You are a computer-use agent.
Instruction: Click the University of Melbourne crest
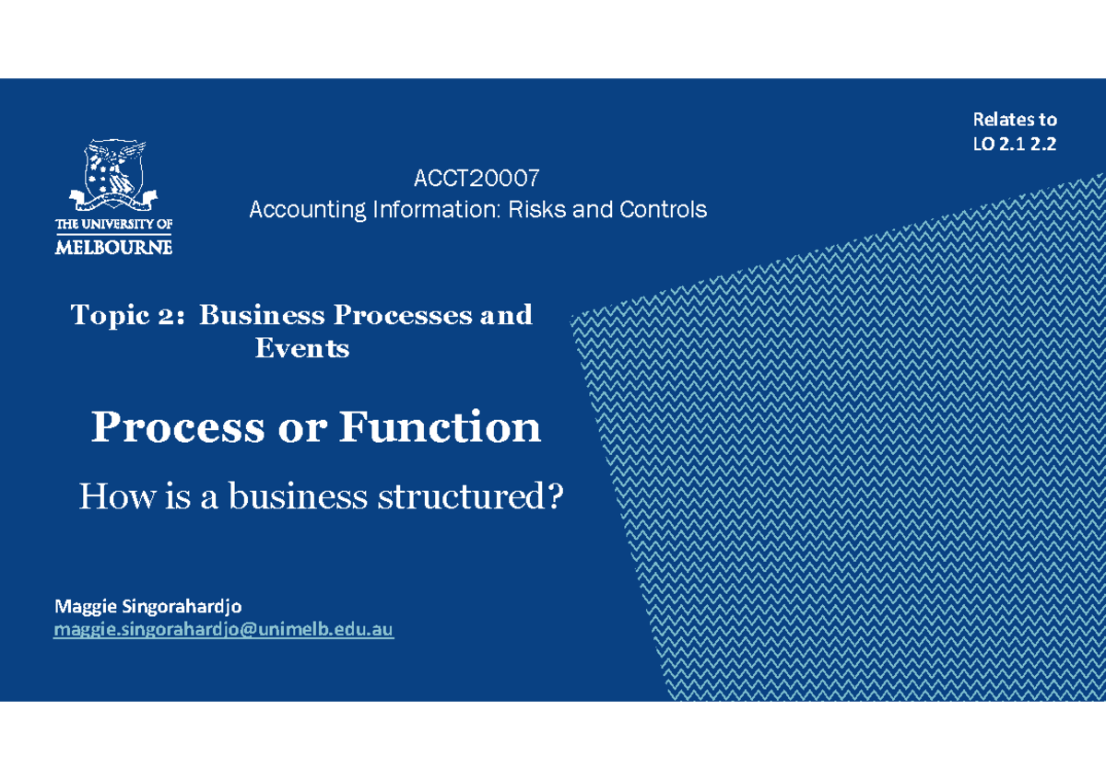[114, 174]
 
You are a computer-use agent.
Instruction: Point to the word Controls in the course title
[663, 210]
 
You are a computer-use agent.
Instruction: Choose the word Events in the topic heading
[302, 348]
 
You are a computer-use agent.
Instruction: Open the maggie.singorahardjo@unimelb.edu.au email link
[224, 630]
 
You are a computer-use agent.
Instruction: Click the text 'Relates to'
[1015, 120]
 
